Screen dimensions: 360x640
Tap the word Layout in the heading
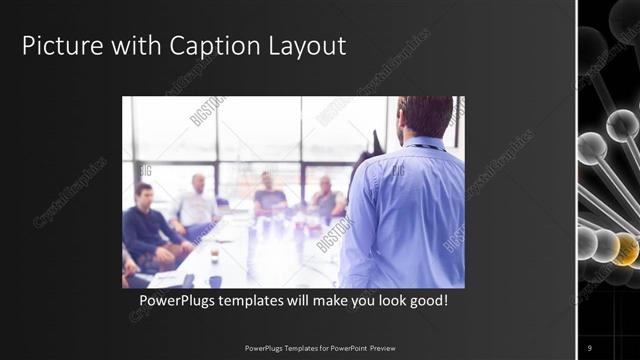[307, 46]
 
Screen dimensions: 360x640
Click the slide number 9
[590, 347]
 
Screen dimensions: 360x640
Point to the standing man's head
[425, 116]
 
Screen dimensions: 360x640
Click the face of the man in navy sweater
[144, 195]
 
